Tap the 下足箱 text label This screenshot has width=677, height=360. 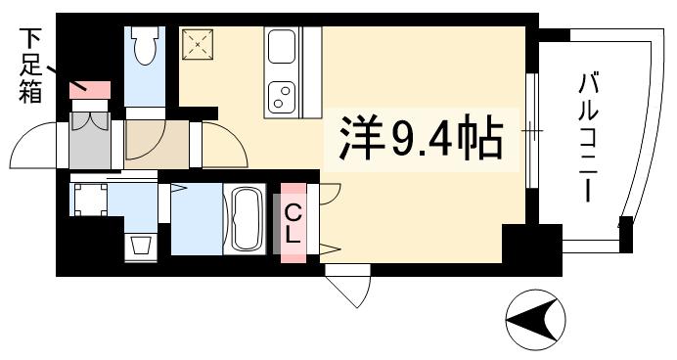coord(26,66)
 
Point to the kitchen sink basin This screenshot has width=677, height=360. coord(281,47)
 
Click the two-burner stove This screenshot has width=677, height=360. coord(281,94)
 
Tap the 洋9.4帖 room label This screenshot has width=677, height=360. coord(422,140)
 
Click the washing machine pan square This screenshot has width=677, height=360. coord(91,201)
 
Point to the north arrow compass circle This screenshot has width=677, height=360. coord(536,319)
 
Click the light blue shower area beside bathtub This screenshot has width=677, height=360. coord(196,219)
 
